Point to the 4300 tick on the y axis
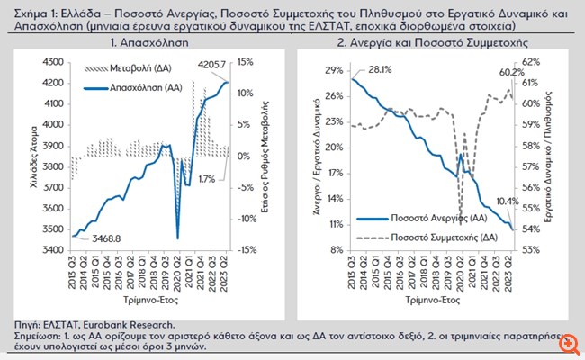tap(53, 62)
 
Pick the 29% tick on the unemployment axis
tap(334, 70)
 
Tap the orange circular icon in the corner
tap(569, 345)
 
